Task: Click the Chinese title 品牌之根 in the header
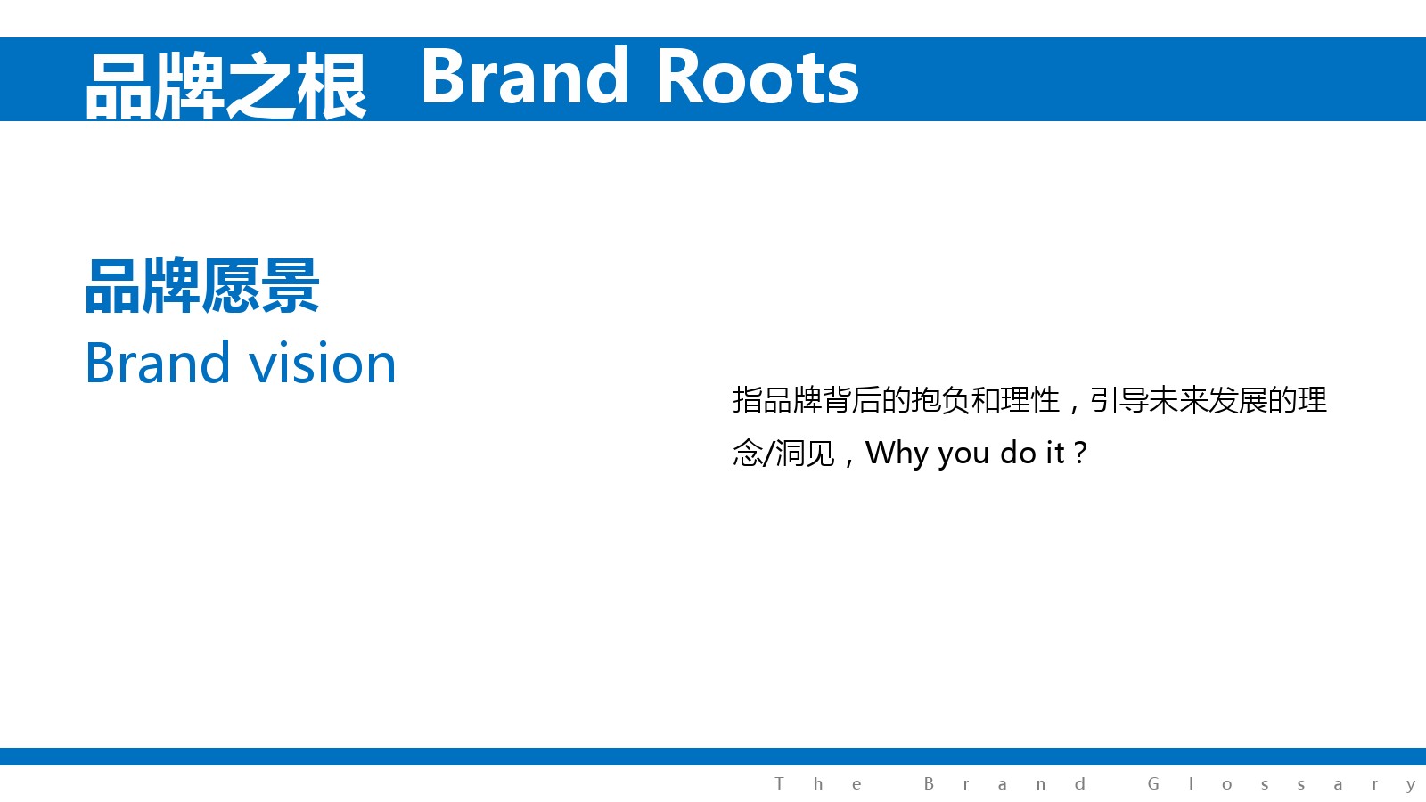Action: pyautogui.click(x=226, y=86)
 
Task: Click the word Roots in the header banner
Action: pyautogui.click(x=758, y=77)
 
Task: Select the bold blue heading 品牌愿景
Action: pyautogui.click(x=201, y=286)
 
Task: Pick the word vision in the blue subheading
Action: pyautogui.click(x=322, y=363)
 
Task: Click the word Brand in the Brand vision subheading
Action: pyautogui.click(x=157, y=363)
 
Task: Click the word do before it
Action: pyautogui.click(x=1017, y=453)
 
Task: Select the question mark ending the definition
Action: pyautogui.click(x=1079, y=453)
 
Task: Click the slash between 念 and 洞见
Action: pyautogui.click(x=769, y=454)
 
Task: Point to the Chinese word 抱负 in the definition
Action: pyautogui.click(x=941, y=400)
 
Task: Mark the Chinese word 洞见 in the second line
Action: pyautogui.click(x=806, y=454)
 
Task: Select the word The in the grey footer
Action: pyautogui.click(x=818, y=783)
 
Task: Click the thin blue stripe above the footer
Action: pyautogui.click(x=713, y=757)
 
